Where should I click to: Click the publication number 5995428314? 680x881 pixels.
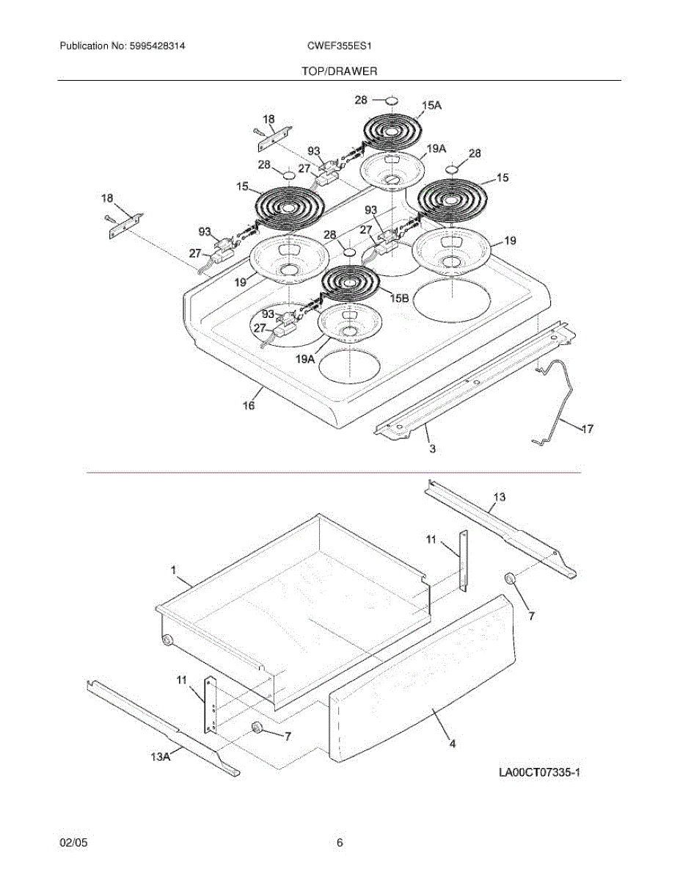(156, 46)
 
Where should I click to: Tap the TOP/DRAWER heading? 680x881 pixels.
(340, 71)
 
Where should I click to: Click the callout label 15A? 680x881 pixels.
(431, 106)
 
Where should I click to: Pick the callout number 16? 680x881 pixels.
(249, 405)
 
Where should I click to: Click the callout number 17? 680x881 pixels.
(588, 428)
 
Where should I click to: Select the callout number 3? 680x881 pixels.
(433, 449)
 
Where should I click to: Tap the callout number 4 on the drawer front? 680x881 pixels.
(453, 743)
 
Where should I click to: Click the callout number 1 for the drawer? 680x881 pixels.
(174, 570)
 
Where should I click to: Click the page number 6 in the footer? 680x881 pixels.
(340, 844)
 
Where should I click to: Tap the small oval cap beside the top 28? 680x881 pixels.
(392, 100)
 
